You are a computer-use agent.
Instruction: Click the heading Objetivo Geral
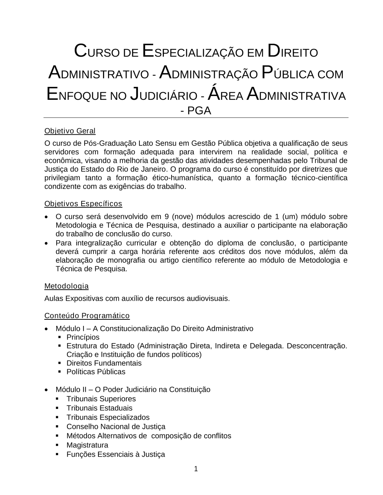coord(70,131)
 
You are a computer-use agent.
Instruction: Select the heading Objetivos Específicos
coord(83,204)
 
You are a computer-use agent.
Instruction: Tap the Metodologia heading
coord(66,286)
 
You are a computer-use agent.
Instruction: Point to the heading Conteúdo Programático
coord(87,316)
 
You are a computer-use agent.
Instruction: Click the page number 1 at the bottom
coord(196,469)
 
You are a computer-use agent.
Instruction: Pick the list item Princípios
coord(83,337)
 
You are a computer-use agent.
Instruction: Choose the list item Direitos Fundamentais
coord(104,363)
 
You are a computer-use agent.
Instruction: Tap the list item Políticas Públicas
coord(96,371)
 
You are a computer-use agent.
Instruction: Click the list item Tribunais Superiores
coord(101,399)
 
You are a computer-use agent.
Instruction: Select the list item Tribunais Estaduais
coord(99,408)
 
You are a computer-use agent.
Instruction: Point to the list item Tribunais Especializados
coord(108,417)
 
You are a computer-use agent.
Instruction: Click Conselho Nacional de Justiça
coord(116,427)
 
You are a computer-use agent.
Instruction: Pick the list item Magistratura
coord(87,445)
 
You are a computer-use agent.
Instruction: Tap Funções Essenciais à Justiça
coord(116,454)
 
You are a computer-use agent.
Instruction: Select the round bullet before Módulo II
coord(46,390)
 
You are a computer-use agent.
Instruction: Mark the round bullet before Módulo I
coord(46,329)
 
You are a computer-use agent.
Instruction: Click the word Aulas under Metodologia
coord(54,298)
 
